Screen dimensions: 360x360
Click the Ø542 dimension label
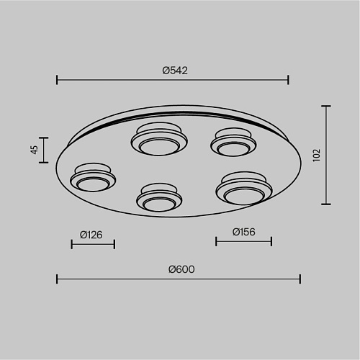point(175,71)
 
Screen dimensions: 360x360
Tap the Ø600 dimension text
point(181,269)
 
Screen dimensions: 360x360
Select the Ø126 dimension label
point(91,235)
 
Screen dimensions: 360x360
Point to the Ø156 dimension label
point(244,232)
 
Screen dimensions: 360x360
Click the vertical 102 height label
point(317,156)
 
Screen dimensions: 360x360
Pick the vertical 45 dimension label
point(35,150)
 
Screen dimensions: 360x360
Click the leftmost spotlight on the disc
point(93,177)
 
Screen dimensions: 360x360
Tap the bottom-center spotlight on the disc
point(159,197)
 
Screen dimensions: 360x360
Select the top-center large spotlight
point(159,139)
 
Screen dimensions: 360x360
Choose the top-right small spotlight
point(233,142)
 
